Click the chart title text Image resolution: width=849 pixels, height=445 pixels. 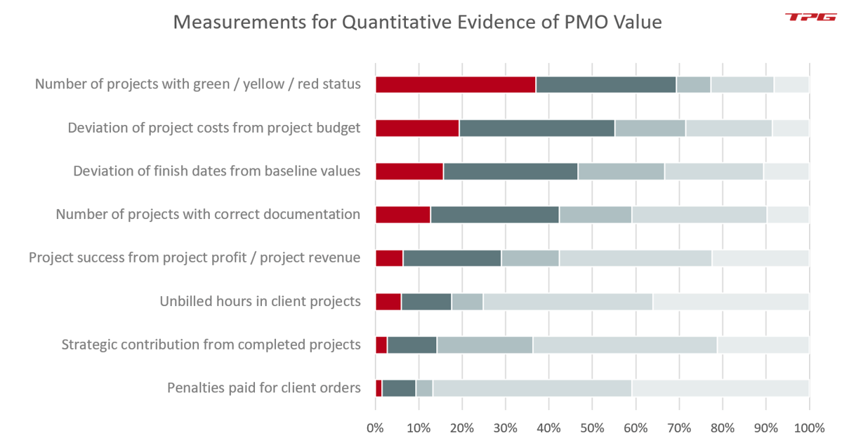(x=417, y=22)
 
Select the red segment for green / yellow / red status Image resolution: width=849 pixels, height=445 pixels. (x=455, y=85)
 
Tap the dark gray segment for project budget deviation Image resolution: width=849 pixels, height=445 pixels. (x=537, y=128)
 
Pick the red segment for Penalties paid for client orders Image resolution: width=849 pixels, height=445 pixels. (x=379, y=388)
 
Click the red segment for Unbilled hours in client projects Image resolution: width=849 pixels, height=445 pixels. (x=388, y=302)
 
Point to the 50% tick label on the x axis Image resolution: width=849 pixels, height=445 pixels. (x=592, y=427)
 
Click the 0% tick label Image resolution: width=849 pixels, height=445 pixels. (x=376, y=427)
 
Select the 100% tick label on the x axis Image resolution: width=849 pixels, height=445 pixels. (x=808, y=427)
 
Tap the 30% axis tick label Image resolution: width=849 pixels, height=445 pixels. (x=506, y=427)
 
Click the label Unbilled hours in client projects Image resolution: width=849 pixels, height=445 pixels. (x=260, y=302)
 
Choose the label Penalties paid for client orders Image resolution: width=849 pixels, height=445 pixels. (x=263, y=388)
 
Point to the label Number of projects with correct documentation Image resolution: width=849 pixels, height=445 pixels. (x=208, y=215)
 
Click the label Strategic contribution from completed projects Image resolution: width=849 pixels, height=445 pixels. (x=211, y=345)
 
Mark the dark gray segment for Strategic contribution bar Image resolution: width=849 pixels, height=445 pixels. (x=412, y=345)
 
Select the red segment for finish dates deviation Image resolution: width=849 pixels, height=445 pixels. (x=409, y=171)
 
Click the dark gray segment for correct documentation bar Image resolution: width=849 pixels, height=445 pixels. (x=494, y=215)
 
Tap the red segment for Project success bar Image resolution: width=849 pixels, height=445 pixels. (x=389, y=258)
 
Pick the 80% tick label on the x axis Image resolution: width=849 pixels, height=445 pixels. (x=722, y=427)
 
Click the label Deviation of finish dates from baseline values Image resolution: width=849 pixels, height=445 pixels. (x=216, y=171)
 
